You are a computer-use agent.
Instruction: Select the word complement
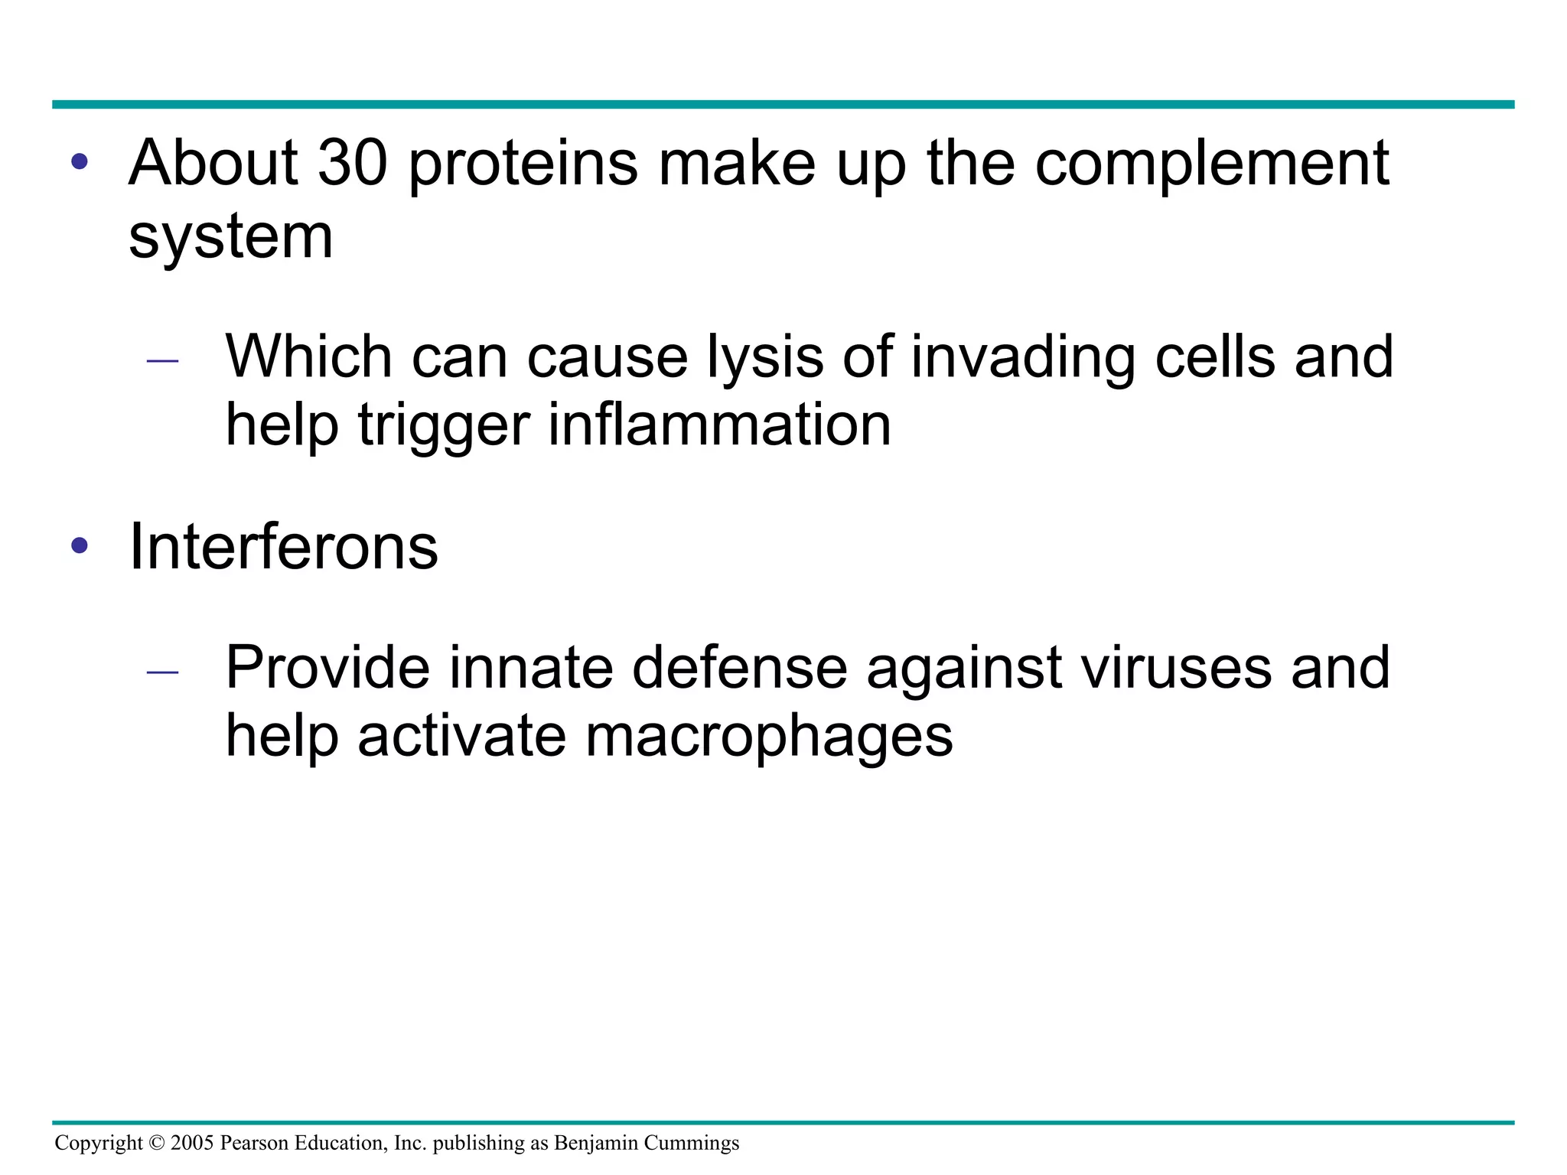[x=1211, y=164]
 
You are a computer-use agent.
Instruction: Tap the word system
[x=230, y=237]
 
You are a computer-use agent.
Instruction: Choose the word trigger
[x=444, y=427]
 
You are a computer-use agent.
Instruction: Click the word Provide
[x=327, y=668]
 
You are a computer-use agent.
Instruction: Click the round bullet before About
[x=80, y=162]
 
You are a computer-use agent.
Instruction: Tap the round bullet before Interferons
[x=80, y=546]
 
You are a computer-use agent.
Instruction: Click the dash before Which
[x=162, y=360]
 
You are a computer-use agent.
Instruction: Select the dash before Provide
[x=162, y=672]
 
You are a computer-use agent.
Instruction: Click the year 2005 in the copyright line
[x=192, y=1143]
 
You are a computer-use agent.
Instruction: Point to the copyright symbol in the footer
[x=157, y=1143]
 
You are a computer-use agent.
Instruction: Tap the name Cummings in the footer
[x=692, y=1144]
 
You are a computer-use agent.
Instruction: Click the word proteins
[x=523, y=164]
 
